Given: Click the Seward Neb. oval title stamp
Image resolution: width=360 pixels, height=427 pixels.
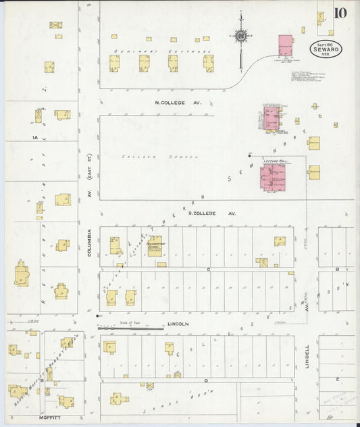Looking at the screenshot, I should [327, 49].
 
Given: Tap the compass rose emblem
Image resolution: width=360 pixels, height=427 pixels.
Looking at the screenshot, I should [240, 35].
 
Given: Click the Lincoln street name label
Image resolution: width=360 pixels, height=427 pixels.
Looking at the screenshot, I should [178, 324].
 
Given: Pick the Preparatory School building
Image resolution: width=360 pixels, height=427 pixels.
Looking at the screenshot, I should [155, 245].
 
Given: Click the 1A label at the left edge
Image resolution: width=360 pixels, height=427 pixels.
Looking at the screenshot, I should [34, 137].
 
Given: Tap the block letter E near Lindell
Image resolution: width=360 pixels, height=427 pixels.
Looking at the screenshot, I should [336, 378].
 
